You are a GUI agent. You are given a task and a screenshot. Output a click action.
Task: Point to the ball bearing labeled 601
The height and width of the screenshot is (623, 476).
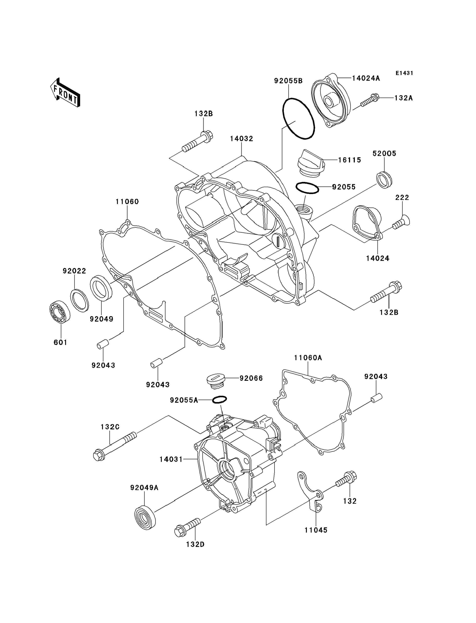tap(60, 311)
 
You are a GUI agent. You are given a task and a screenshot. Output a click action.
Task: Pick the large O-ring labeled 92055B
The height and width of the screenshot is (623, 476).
tap(299, 119)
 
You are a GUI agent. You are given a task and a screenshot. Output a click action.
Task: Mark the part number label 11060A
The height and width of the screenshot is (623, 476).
tap(308, 358)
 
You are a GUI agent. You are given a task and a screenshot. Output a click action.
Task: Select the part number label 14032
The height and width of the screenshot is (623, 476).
tap(241, 139)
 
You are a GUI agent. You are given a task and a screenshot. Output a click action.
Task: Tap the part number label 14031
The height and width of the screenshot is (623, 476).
tap(171, 459)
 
